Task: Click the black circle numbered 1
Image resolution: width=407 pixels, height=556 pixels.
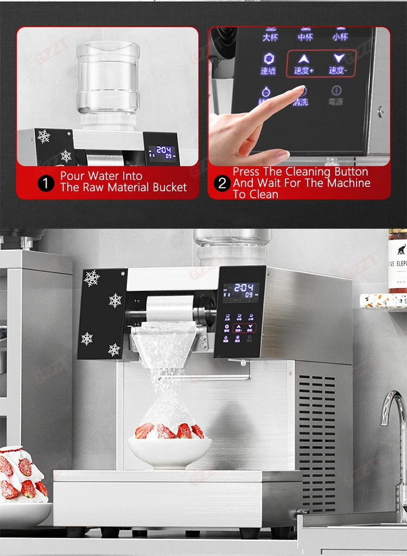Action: [x=46, y=183]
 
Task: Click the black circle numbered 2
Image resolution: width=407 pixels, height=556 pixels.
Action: [x=221, y=183]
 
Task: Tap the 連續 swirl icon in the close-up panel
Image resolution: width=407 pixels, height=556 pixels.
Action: [x=268, y=59]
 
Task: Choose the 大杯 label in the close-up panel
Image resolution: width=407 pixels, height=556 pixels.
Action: [x=270, y=37]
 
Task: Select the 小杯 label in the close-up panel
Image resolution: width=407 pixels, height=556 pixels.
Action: [x=340, y=37]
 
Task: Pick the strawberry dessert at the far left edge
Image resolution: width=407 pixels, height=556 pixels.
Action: [x=22, y=477]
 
